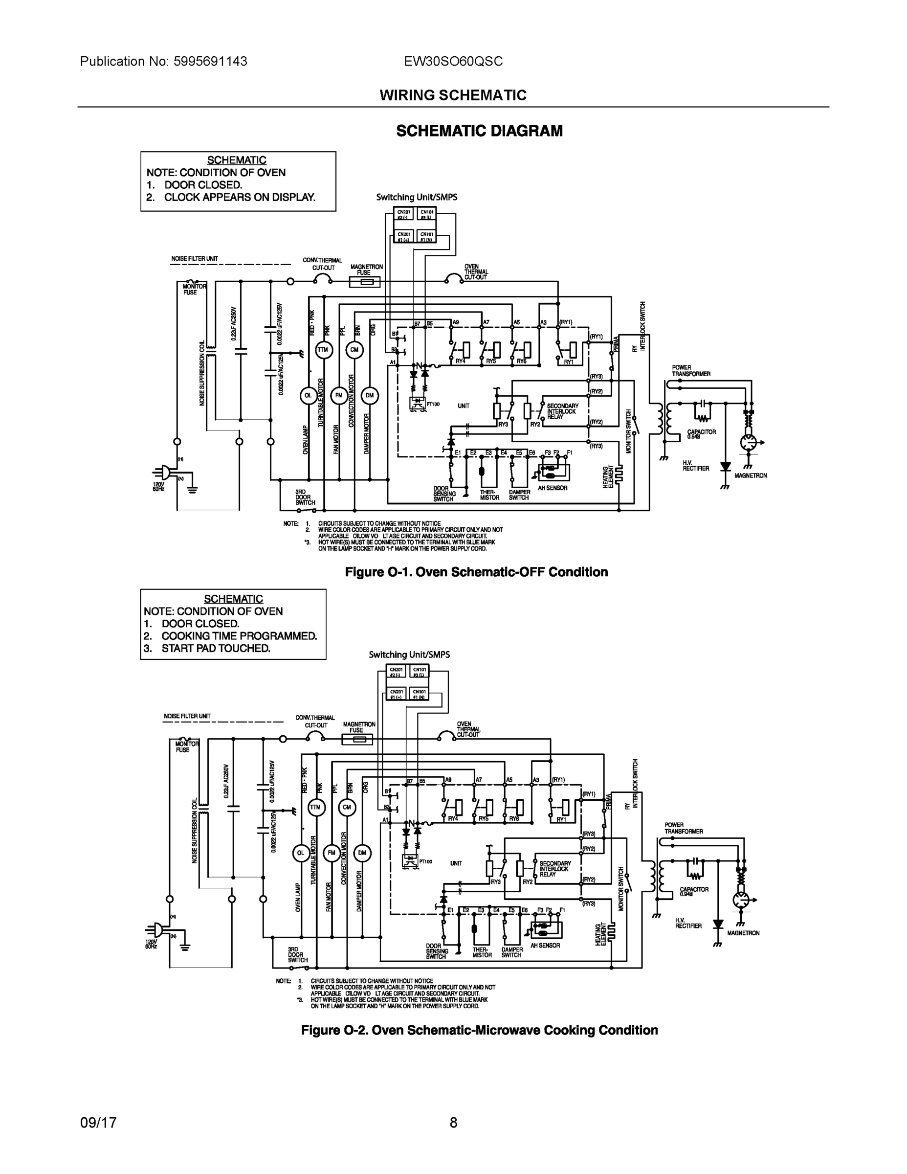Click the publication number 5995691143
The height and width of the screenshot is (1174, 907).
click(x=210, y=61)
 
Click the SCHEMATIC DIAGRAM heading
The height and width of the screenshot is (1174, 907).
click(x=479, y=131)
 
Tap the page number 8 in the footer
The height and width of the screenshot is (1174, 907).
click(x=454, y=1123)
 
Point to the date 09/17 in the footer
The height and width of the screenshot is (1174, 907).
click(x=98, y=1123)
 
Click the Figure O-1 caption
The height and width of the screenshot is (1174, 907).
click(x=476, y=572)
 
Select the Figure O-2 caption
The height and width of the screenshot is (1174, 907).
click(x=479, y=1030)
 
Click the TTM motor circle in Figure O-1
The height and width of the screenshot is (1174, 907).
click(x=323, y=350)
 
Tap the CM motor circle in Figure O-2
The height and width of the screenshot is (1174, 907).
click(x=347, y=808)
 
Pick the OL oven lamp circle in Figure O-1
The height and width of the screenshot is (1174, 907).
click(x=308, y=395)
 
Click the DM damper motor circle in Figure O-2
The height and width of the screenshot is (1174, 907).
click(x=362, y=853)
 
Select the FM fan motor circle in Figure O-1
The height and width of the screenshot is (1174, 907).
click(x=338, y=395)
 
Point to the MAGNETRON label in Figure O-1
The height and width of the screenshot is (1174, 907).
click(x=751, y=476)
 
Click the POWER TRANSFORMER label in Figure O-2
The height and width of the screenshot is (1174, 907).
click(x=684, y=828)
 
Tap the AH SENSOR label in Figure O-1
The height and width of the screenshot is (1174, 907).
click(x=553, y=488)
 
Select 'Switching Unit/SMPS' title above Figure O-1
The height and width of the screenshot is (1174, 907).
click(x=417, y=197)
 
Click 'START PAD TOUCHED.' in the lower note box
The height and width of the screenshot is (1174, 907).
click(x=216, y=648)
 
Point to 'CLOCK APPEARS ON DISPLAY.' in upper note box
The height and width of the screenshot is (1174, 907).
click(x=240, y=197)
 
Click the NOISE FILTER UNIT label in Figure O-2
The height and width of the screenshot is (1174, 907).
click(x=187, y=716)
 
